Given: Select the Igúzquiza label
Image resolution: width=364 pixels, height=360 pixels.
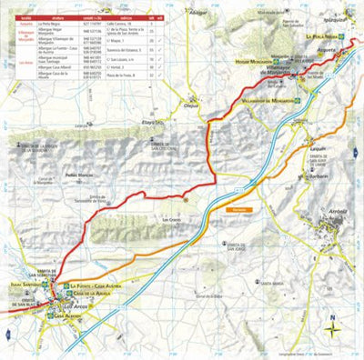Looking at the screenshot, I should (338, 17).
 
